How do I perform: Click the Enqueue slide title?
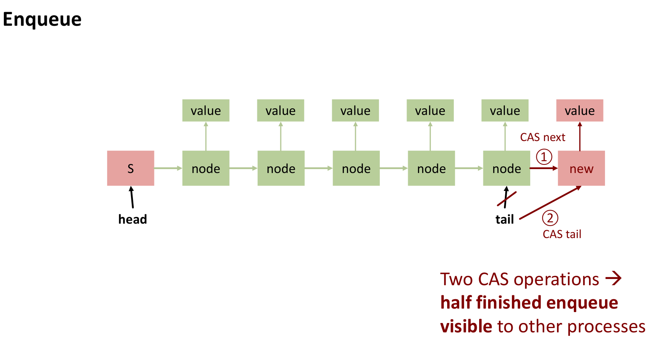click(x=42, y=19)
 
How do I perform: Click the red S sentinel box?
click(x=131, y=168)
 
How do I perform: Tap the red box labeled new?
click(x=581, y=168)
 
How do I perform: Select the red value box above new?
click(x=580, y=111)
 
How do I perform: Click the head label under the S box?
click(x=133, y=219)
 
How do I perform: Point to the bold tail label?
click(x=504, y=220)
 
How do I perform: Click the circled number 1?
click(x=544, y=157)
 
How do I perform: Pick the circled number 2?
click(x=550, y=218)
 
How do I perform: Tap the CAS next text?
click(x=542, y=138)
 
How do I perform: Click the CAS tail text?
click(x=562, y=234)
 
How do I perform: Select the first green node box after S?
click(x=206, y=168)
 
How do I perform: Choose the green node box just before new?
click(x=506, y=168)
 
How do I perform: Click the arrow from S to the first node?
click(x=168, y=168)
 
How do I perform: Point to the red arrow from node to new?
click(x=544, y=168)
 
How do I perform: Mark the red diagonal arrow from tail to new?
click(x=550, y=203)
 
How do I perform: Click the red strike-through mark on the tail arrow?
click(x=507, y=199)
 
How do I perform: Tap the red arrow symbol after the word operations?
click(x=613, y=279)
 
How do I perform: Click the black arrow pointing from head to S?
click(x=132, y=197)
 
